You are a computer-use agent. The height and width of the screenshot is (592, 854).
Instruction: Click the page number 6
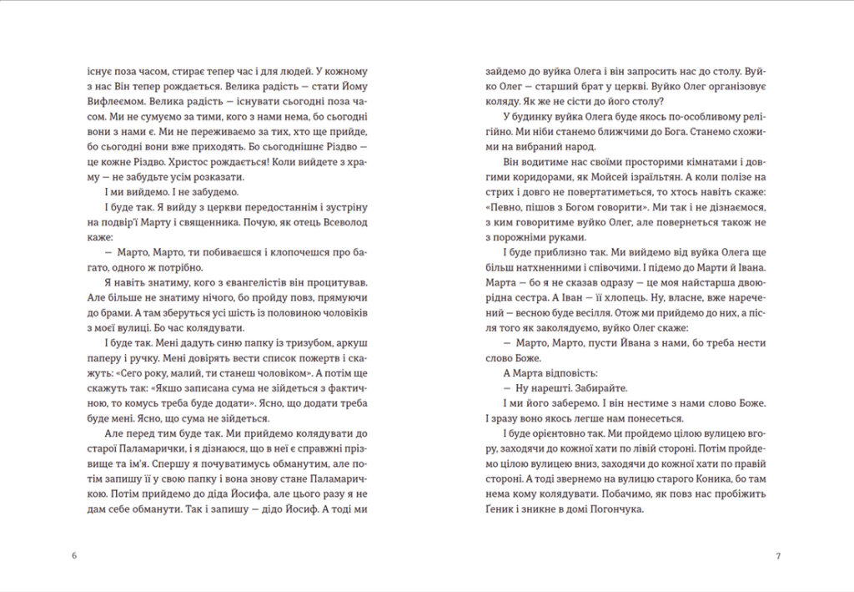click(75, 555)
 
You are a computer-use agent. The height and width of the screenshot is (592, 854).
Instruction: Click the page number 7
click(777, 555)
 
